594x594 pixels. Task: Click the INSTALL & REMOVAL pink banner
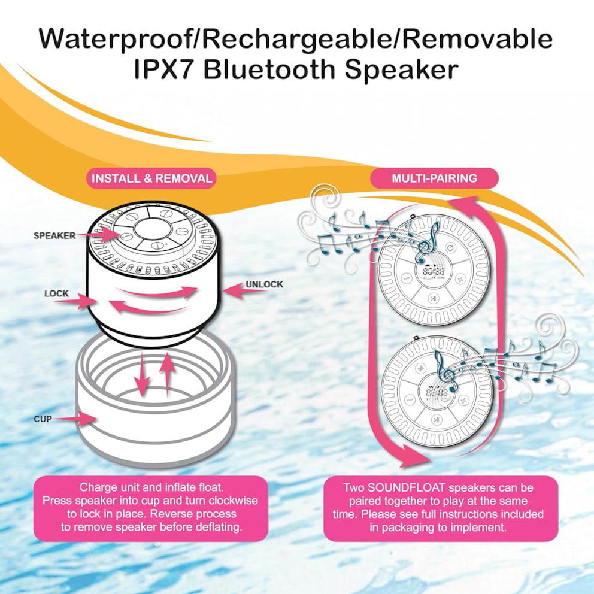(151, 178)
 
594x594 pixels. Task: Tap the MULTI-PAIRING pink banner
(434, 178)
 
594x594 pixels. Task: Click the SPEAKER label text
(54, 236)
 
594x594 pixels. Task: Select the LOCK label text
(56, 293)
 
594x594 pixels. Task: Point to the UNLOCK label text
(264, 284)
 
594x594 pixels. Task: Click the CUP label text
(43, 419)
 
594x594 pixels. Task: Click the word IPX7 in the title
(166, 69)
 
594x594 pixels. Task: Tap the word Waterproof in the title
(115, 38)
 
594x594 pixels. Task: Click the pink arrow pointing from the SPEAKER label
(98, 234)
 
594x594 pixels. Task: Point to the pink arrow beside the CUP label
(75, 419)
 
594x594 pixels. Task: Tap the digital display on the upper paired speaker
(434, 272)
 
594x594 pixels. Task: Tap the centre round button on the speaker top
(150, 229)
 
